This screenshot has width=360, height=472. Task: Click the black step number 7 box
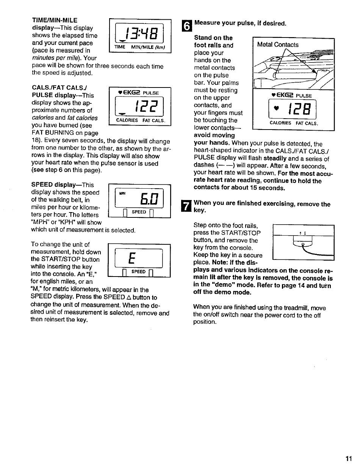185,206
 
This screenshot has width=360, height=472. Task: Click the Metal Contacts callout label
277,45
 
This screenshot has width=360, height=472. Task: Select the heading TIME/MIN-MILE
55,20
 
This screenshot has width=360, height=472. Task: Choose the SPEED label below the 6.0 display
139,212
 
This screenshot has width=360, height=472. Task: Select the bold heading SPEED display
63,185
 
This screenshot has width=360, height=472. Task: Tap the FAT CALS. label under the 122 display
153,120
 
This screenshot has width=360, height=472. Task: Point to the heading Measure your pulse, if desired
240,23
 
